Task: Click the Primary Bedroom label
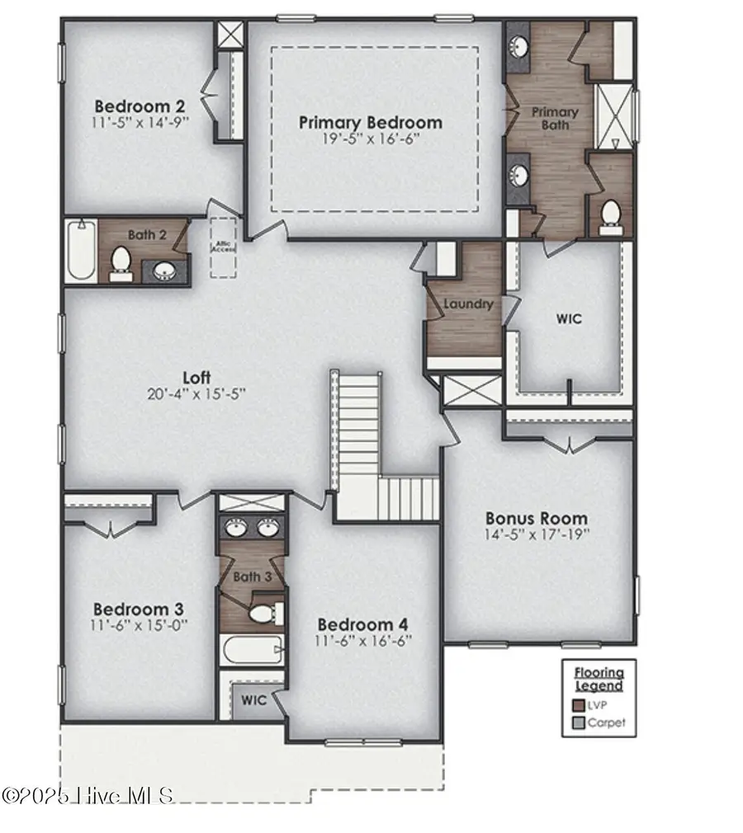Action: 370,123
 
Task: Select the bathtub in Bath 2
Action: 81,250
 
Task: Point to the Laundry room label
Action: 467,304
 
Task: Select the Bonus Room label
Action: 536,519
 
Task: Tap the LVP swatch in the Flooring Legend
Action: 579,705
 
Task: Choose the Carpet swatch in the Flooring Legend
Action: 579,723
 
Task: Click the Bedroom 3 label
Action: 139,609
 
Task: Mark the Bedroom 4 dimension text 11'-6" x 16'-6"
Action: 363,640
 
